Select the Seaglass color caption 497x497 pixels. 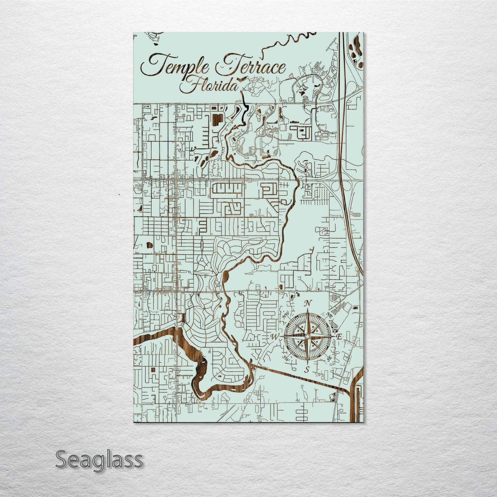(99, 460)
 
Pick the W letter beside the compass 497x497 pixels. (275, 336)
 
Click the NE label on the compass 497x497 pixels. (330, 315)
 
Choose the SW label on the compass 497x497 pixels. (286, 358)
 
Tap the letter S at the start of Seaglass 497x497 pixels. (62, 460)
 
